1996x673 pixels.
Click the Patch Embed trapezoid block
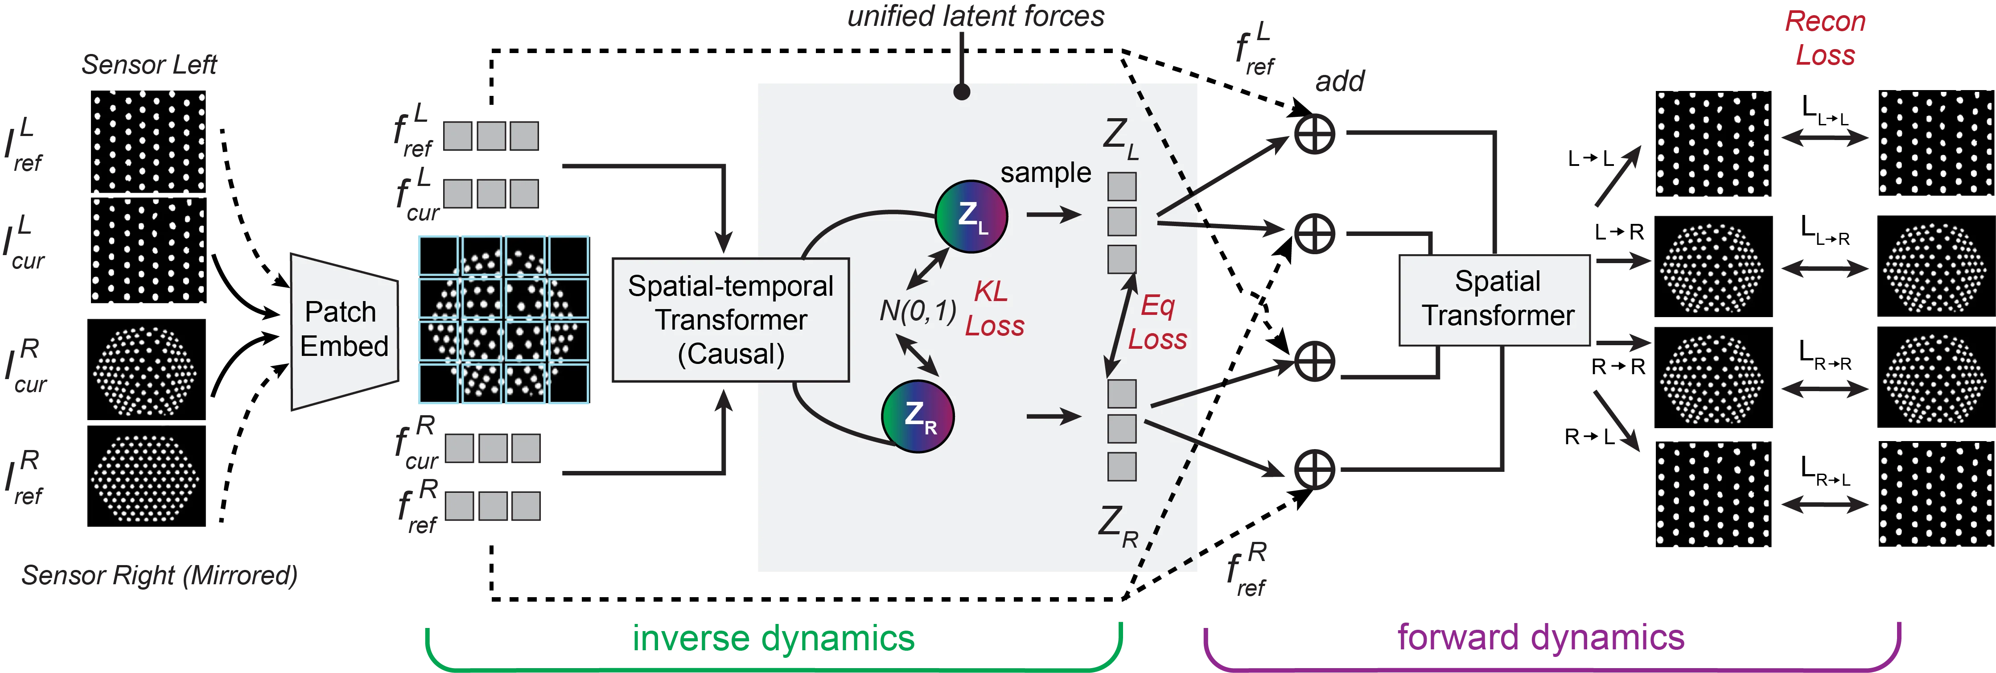[x=343, y=330]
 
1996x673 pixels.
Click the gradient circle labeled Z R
[x=918, y=417]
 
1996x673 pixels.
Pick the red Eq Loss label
[x=1157, y=322]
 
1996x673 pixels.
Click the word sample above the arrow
[x=1045, y=172]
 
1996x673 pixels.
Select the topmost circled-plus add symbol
[x=1315, y=132]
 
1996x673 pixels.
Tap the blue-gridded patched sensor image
[x=504, y=319]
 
